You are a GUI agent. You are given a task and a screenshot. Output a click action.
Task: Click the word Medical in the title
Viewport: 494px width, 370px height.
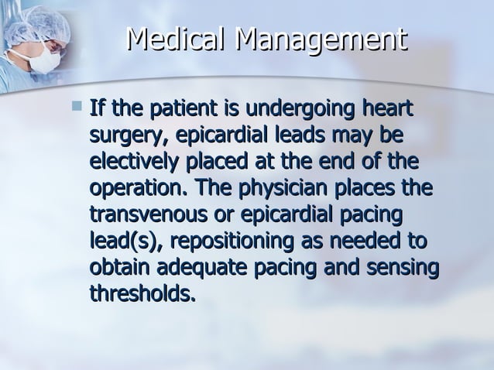[x=176, y=40]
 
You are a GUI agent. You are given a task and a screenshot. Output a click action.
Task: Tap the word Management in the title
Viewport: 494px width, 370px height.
[x=321, y=40]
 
